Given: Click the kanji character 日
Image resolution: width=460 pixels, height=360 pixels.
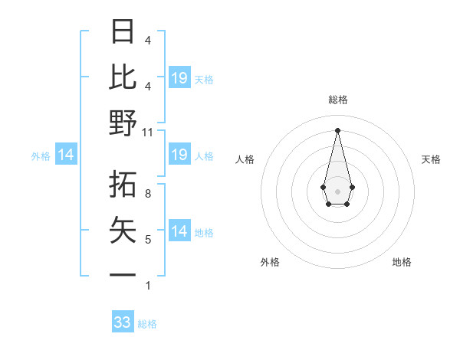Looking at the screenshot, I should (x=123, y=32).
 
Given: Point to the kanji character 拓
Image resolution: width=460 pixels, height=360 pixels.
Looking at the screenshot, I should (x=123, y=184).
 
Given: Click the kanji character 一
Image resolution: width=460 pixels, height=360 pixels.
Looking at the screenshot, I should (x=123, y=274).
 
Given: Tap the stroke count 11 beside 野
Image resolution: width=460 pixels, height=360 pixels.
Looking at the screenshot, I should (x=148, y=133).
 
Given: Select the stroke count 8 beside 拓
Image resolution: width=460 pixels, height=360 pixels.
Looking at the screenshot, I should (x=148, y=194).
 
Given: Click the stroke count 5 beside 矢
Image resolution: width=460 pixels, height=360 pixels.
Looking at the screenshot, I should (x=148, y=240).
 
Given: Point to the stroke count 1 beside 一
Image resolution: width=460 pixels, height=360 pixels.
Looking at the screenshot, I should (x=148, y=286).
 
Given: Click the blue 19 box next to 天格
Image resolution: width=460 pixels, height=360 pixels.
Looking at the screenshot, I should (x=179, y=78).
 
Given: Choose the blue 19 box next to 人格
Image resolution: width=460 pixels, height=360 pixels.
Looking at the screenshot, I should (x=179, y=155).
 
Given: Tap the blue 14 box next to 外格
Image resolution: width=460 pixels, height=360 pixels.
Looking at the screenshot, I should (x=66, y=155).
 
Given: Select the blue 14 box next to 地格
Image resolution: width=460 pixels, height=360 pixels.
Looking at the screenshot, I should (x=179, y=231).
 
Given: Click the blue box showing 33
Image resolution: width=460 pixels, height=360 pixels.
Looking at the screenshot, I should (x=123, y=322).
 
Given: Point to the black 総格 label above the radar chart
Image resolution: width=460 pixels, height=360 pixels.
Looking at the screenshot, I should (x=337, y=100).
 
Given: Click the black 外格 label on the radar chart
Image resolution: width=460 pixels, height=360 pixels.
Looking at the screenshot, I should (x=270, y=262).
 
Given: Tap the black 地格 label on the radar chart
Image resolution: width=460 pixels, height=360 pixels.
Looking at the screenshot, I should (x=402, y=262).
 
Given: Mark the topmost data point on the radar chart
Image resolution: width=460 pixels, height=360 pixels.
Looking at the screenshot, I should (x=337, y=129).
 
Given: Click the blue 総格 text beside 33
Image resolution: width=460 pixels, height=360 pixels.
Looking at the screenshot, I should (x=147, y=324).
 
